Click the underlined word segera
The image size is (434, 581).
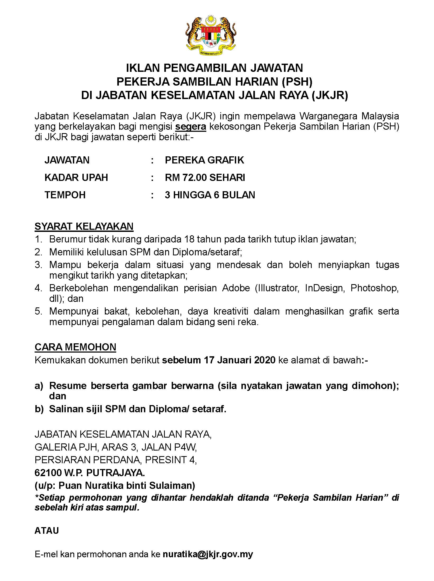pos(191,127)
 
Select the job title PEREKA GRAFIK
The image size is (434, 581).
pos(204,160)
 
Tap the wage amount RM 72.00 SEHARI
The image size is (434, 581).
pos(205,177)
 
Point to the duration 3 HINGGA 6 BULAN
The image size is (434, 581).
pos(210,195)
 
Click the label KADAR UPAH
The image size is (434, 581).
pos(76,177)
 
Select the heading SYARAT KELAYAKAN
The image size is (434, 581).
pos(84,226)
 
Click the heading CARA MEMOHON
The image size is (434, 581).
pos(75,347)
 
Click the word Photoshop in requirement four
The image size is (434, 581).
pos(374,288)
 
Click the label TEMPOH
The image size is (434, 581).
pos(65,195)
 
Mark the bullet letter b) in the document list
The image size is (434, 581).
pos(39,409)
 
